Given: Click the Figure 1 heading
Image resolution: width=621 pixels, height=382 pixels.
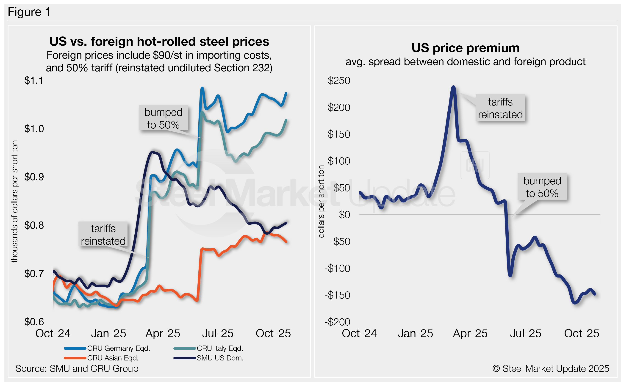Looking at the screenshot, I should [x=29, y=12].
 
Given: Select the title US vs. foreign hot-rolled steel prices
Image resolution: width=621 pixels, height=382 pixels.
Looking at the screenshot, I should [x=159, y=42].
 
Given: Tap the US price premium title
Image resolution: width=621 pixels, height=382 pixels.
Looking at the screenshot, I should [x=465, y=48].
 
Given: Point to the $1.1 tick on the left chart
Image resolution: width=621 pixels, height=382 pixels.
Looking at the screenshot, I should [x=34, y=80].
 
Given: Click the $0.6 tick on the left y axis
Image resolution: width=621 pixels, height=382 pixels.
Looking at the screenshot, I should [x=34, y=322].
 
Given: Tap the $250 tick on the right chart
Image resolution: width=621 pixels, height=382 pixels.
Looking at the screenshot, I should [x=339, y=80].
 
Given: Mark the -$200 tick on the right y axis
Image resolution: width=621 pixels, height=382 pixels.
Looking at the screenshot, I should [x=337, y=322].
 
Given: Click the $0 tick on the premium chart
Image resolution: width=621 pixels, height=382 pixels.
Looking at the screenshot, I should [x=344, y=215].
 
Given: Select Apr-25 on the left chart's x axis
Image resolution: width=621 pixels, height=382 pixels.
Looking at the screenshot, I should [x=163, y=333].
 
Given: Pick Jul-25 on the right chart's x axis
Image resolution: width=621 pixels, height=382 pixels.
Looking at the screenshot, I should [x=526, y=333].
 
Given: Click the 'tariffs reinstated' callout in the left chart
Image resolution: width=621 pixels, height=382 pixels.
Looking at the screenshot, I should [x=103, y=235].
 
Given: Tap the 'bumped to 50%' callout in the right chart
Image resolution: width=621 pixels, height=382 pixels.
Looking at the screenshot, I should [x=542, y=187].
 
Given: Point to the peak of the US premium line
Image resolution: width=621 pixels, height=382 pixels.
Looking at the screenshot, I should [x=454, y=87].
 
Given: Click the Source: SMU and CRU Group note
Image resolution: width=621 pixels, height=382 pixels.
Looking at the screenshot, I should [x=77, y=369].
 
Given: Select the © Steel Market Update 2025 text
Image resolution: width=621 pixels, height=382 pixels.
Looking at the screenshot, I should [x=551, y=369].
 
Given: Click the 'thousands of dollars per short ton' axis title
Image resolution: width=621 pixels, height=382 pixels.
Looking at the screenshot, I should [x=15, y=201].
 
